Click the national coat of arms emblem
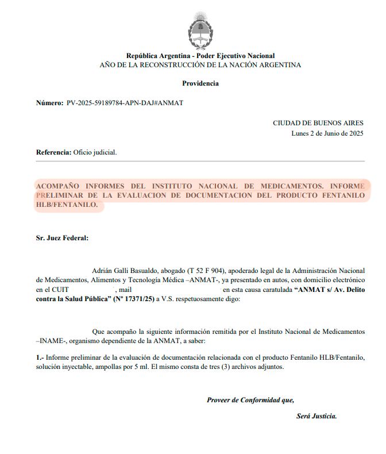click(x=200, y=29)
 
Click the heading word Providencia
click(x=200, y=83)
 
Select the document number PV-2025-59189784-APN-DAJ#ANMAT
click(x=125, y=103)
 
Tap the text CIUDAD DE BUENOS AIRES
click(x=318, y=123)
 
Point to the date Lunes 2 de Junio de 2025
click(x=327, y=133)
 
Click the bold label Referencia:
click(x=53, y=152)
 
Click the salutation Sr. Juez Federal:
click(x=62, y=237)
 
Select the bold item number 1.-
click(x=40, y=357)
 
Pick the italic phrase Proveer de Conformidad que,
click(x=250, y=400)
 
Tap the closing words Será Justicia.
click(x=316, y=416)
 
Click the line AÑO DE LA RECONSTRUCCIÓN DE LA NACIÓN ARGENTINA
click(x=200, y=65)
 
